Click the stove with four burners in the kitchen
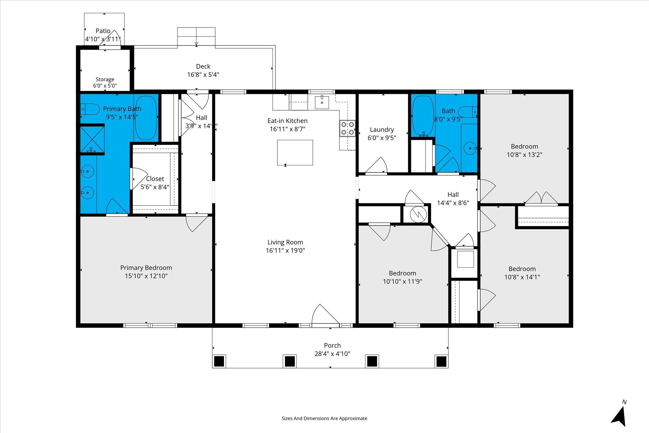(347, 128)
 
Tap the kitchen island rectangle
(295, 152)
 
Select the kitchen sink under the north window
(322, 102)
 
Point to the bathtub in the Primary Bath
(146, 118)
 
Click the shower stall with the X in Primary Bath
(92, 139)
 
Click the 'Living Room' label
(285, 242)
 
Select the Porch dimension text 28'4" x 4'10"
(332, 354)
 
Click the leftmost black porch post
(219, 361)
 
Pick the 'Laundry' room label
(382, 130)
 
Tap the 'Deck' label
(203, 66)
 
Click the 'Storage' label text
(105, 79)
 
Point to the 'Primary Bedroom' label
(146, 268)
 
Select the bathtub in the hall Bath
(423, 116)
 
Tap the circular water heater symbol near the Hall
(418, 215)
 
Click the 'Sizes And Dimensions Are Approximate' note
(324, 418)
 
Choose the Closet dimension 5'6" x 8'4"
(155, 187)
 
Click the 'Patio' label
(103, 31)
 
